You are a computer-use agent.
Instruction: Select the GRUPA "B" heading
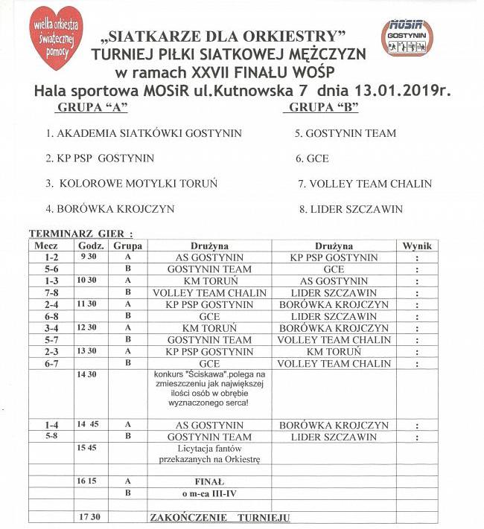pos(322,109)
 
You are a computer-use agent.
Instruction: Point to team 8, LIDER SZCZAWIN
pos(351,209)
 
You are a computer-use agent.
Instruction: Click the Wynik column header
pos(416,246)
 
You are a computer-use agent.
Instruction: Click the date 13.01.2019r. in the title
pos(406,91)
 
